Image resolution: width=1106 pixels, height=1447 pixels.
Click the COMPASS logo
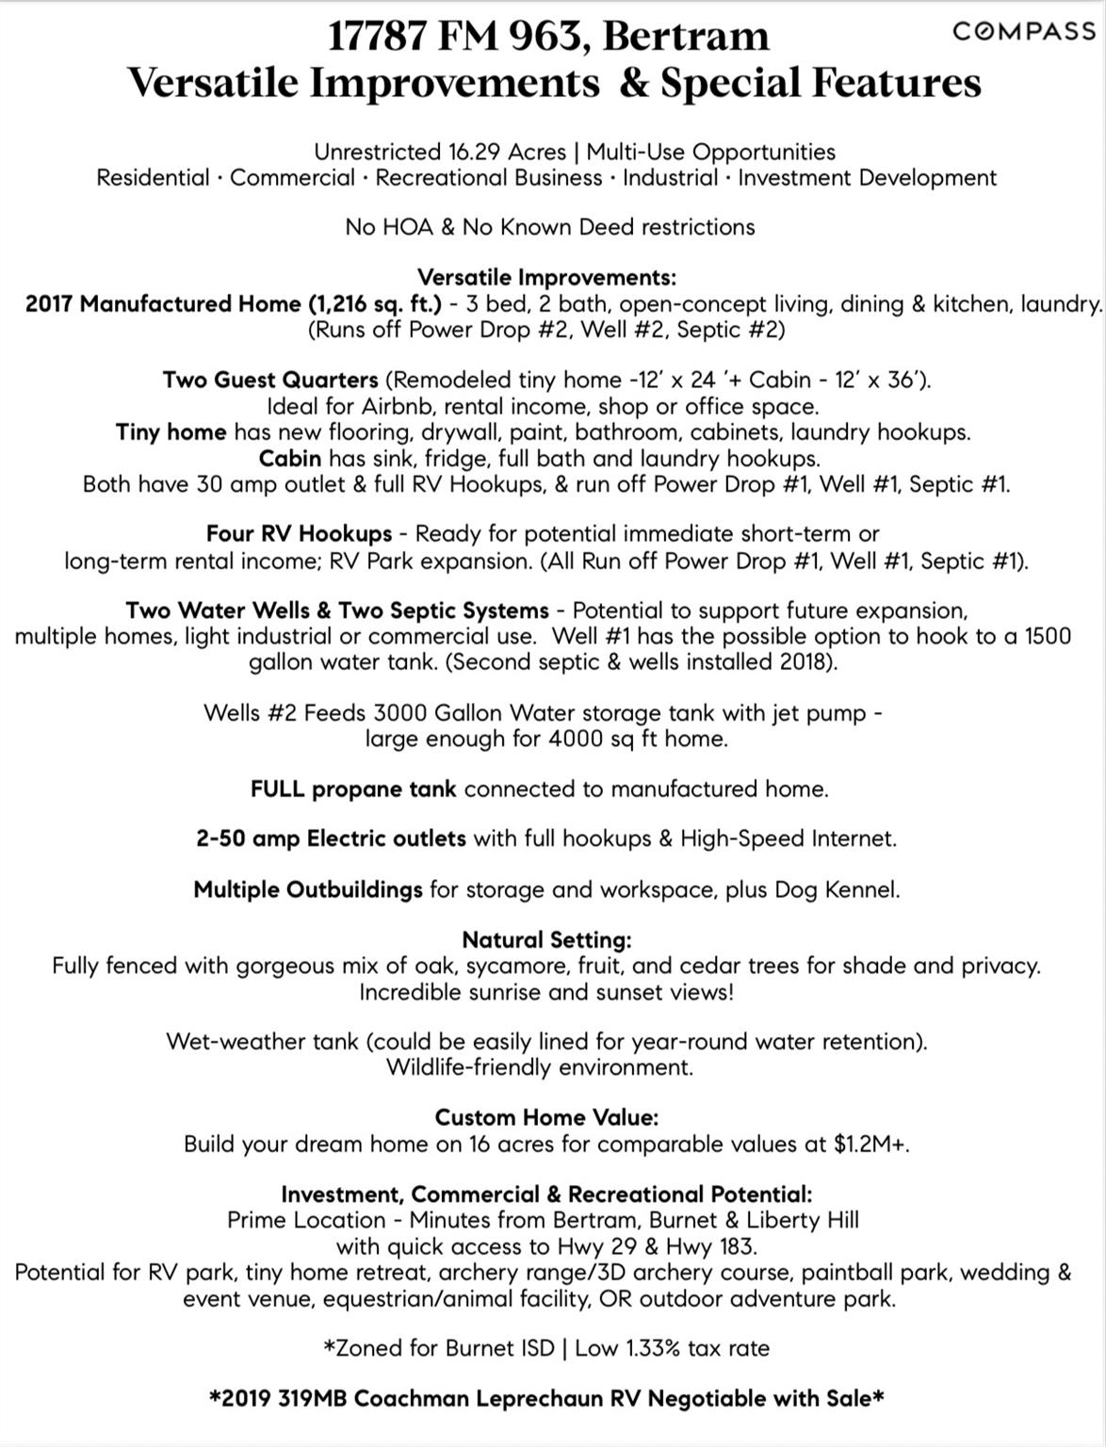click(x=1023, y=31)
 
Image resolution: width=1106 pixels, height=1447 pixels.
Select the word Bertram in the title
click(x=685, y=36)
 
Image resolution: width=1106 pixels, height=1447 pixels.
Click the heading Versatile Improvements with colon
click(x=546, y=278)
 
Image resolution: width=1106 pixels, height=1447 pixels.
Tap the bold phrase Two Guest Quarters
click(x=270, y=381)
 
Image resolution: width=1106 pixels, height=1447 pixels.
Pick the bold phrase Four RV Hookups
click(x=300, y=534)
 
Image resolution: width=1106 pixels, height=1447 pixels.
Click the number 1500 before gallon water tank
click(x=1048, y=636)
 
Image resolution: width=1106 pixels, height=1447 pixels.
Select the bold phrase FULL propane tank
click(x=353, y=789)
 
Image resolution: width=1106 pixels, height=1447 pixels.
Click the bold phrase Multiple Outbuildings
click(x=308, y=890)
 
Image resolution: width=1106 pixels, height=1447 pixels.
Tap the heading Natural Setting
click(x=546, y=940)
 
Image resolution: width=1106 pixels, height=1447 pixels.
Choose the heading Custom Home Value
click(x=546, y=1118)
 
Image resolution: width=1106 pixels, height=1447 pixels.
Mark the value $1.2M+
click(x=871, y=1145)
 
